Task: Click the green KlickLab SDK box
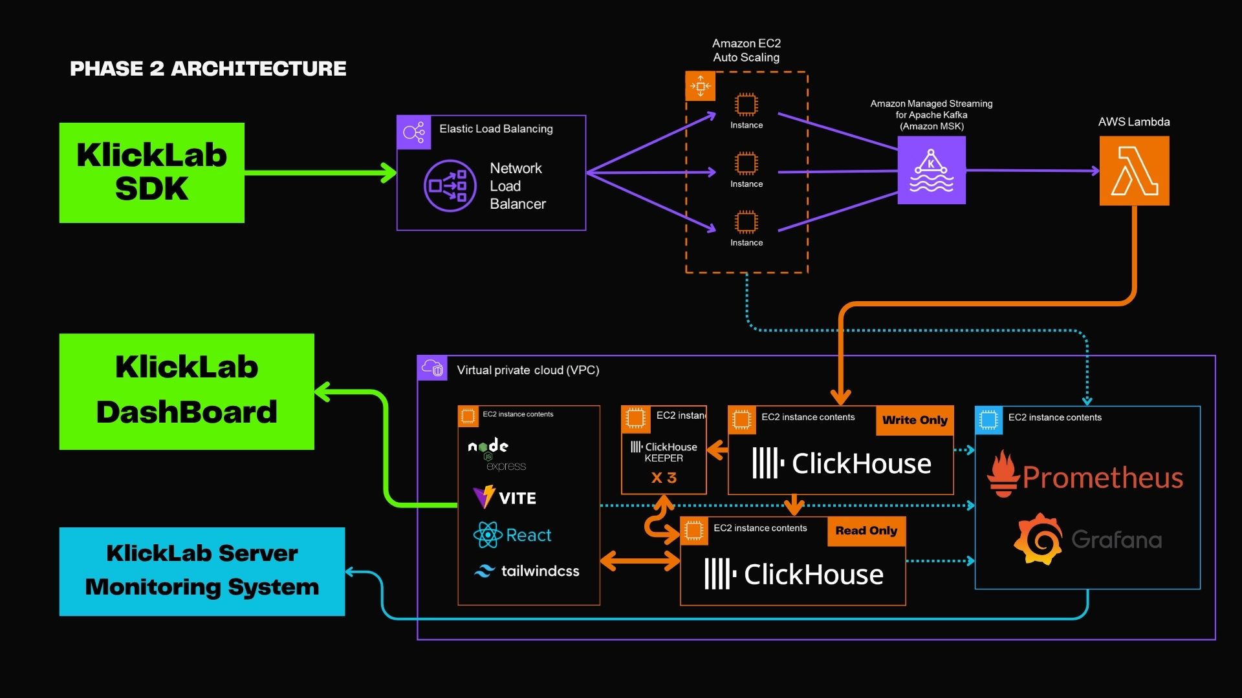[x=152, y=173]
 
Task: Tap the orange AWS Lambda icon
[x=1134, y=171]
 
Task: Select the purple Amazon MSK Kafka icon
[x=931, y=170]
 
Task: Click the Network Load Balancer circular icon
[x=450, y=185]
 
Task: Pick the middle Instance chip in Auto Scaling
[x=746, y=163]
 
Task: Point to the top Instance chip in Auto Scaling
[x=746, y=104]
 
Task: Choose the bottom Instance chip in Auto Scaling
[x=746, y=222]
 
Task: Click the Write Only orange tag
[x=915, y=420]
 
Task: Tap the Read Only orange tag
[x=866, y=531]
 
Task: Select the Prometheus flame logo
[x=1003, y=474]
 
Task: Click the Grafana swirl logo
[x=1038, y=539]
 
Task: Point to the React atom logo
[x=488, y=535]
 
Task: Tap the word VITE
[x=517, y=498]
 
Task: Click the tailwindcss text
[x=540, y=571]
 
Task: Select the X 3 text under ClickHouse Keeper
[x=664, y=478]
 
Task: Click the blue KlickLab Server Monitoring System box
[x=202, y=571]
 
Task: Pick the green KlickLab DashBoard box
[x=187, y=392]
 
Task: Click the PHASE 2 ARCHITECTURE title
[x=208, y=69]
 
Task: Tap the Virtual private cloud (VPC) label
[x=528, y=370]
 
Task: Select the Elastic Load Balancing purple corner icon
[x=414, y=132]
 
